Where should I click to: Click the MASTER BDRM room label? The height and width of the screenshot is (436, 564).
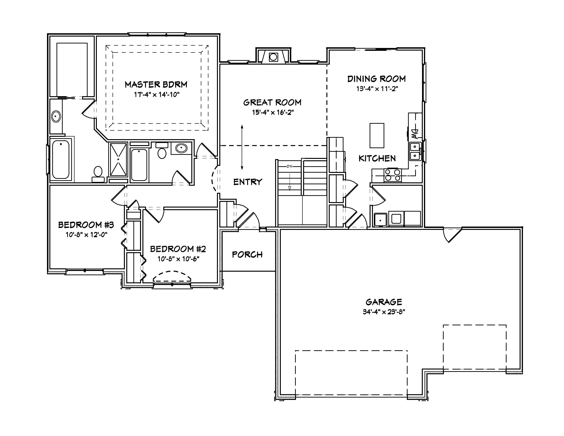pos(156,85)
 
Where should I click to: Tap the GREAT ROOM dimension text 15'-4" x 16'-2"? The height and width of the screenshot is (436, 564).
pos(273,112)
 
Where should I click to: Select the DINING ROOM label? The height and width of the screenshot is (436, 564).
pos(376,79)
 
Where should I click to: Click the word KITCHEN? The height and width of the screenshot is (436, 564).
pos(377,158)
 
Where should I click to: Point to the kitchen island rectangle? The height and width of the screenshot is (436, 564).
pos(377,136)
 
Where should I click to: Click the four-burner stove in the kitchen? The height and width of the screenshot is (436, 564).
pos(393,175)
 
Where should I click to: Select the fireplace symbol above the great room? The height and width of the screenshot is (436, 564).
pos(273,57)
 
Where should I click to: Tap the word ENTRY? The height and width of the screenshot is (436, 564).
pos(248,182)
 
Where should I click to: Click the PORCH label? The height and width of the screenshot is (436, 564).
pos(247,255)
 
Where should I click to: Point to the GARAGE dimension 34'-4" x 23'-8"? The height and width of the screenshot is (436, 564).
pos(384,312)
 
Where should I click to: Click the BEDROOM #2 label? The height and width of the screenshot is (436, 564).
pos(178,249)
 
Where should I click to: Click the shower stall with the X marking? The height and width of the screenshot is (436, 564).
pos(118,159)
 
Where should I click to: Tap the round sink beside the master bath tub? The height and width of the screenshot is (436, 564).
pos(56,117)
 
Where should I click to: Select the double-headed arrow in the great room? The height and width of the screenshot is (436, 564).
pos(242,147)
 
